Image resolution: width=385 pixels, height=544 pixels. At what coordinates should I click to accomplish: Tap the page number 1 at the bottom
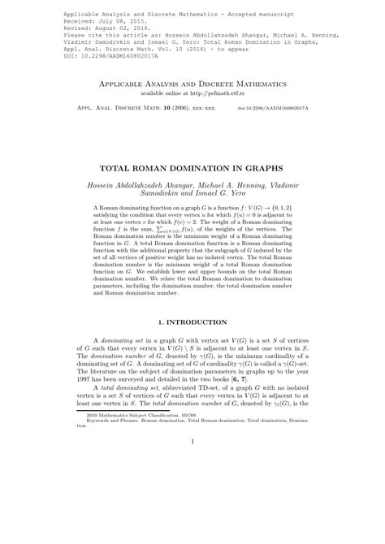(192, 509)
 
